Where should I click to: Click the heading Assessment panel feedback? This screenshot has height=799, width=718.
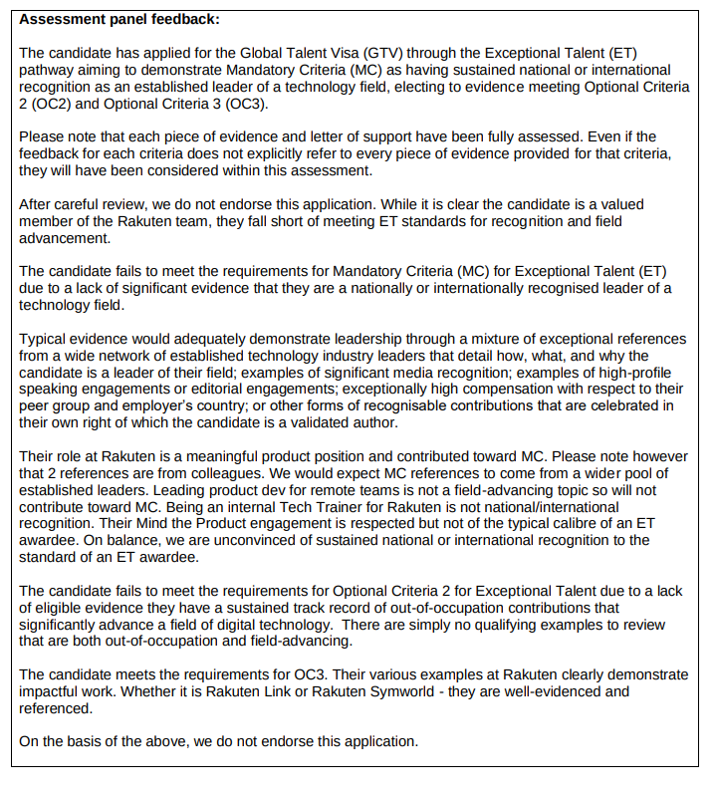[x=120, y=19]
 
